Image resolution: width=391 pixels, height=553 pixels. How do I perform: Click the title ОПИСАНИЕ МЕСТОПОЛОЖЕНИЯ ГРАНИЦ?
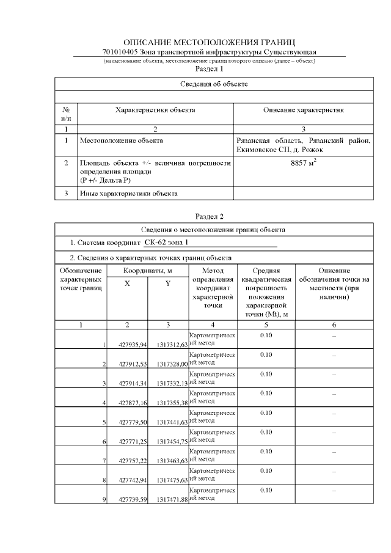point(209,42)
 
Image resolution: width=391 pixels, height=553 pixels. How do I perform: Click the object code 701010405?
point(120,53)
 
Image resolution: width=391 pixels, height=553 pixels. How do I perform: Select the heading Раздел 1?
point(209,69)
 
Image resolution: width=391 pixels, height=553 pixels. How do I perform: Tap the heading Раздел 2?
point(209,216)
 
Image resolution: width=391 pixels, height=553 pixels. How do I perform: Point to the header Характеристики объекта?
point(155,110)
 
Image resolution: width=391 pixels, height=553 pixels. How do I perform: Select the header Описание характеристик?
point(303,110)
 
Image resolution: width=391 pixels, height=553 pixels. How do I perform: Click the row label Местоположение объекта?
point(122,141)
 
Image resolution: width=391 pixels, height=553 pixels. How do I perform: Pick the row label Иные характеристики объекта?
point(129,194)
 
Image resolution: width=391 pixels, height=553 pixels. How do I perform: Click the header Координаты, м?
point(148,270)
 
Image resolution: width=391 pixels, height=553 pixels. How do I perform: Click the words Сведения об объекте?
point(214,83)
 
